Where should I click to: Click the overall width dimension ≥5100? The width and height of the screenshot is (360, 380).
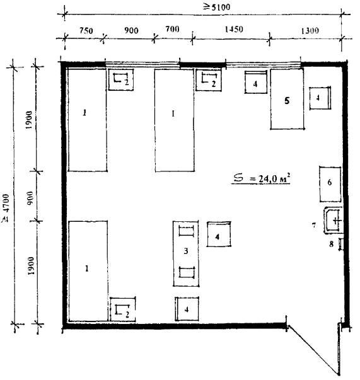click(216, 7)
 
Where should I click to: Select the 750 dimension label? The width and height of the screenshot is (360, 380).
click(86, 31)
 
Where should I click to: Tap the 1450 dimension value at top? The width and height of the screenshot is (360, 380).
click(233, 30)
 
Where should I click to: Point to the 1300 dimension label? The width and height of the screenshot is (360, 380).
click(310, 31)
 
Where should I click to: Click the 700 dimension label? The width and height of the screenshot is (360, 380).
click(172, 30)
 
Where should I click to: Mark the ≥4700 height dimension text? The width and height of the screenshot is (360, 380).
click(5, 208)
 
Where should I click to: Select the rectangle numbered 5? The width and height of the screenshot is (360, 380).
click(287, 99)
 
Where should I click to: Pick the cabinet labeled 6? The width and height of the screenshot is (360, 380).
click(330, 184)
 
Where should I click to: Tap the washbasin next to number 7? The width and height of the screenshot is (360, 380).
click(334, 221)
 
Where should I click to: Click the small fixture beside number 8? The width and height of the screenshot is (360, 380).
click(341, 244)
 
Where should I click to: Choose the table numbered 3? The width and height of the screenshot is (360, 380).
click(186, 253)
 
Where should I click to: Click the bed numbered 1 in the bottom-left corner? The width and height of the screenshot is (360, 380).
click(88, 271)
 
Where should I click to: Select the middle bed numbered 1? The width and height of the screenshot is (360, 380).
click(175, 120)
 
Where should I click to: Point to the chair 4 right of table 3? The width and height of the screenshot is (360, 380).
click(219, 234)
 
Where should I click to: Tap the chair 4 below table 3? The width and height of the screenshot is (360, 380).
click(187, 309)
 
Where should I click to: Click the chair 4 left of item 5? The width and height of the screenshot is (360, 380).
click(256, 82)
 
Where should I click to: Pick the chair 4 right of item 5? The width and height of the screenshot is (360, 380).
click(320, 98)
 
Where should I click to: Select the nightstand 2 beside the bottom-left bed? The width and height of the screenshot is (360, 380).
click(123, 309)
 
